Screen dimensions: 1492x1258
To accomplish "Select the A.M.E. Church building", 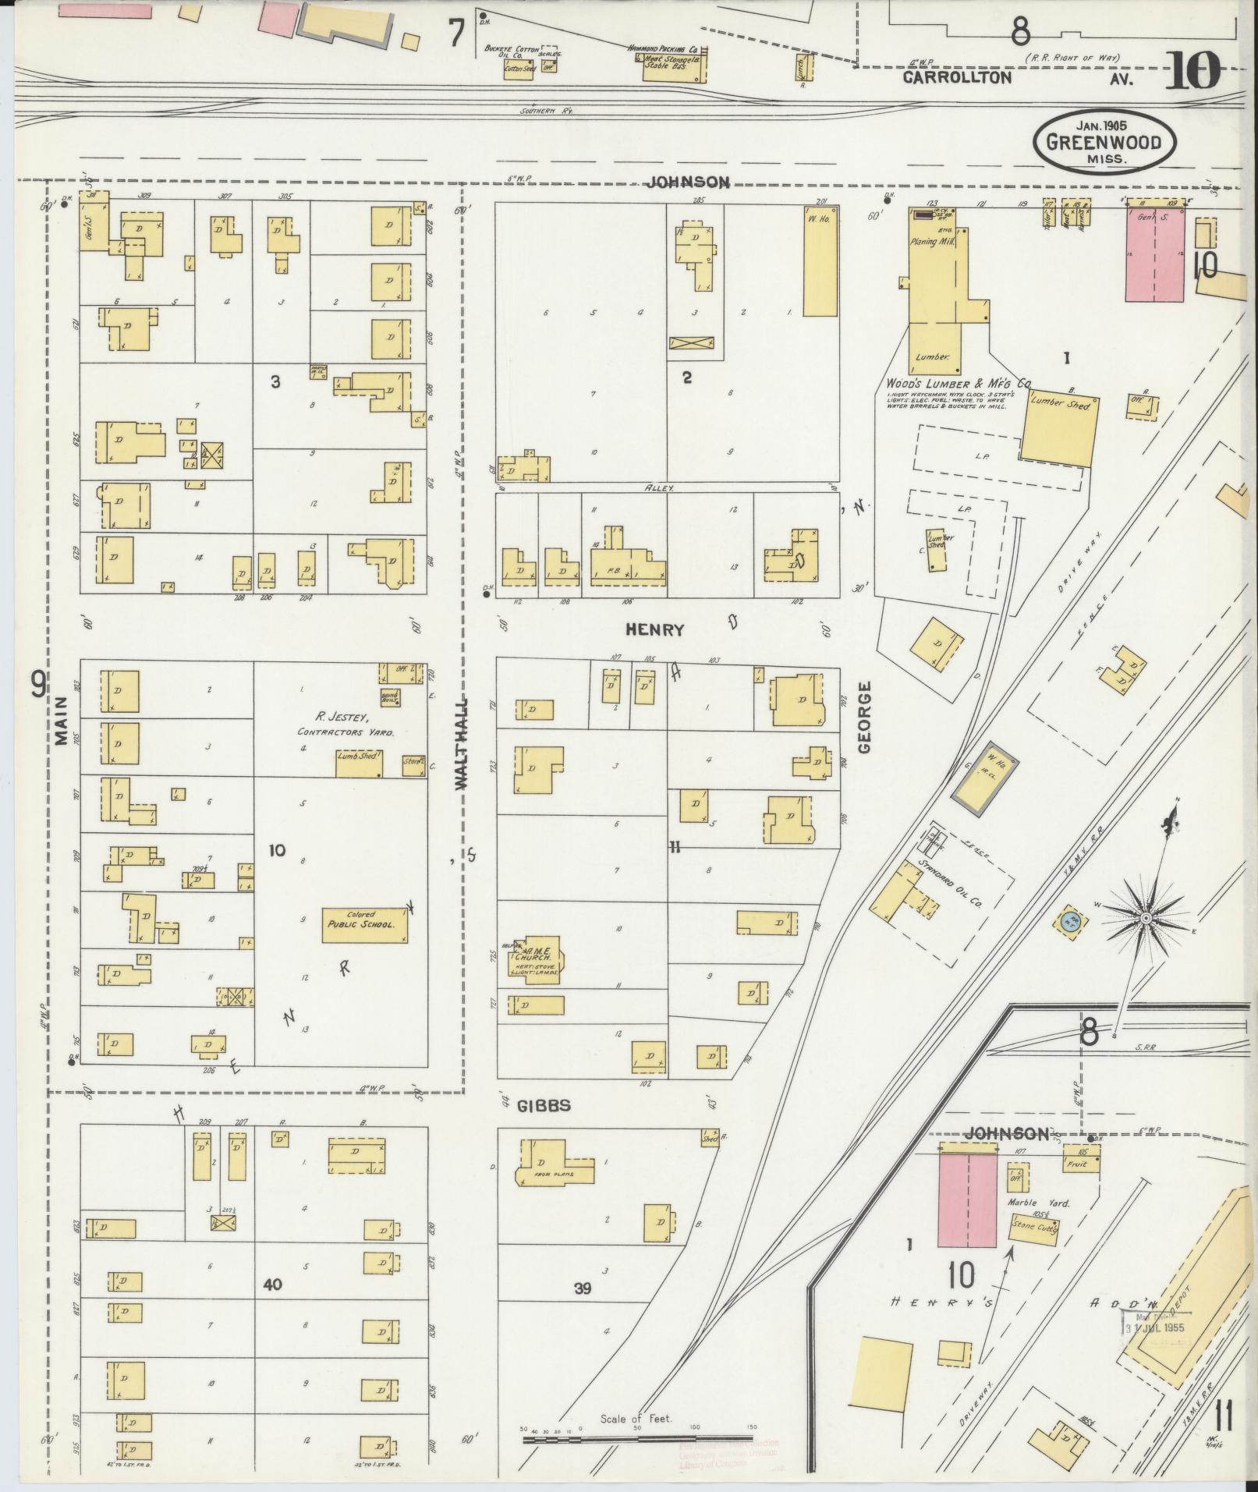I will [536, 956].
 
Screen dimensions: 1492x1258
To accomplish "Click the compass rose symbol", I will [1146, 919].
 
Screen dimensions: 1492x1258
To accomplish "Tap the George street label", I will [863, 717].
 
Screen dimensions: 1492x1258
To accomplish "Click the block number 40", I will [272, 1285].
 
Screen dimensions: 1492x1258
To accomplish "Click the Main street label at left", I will [62, 721].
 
